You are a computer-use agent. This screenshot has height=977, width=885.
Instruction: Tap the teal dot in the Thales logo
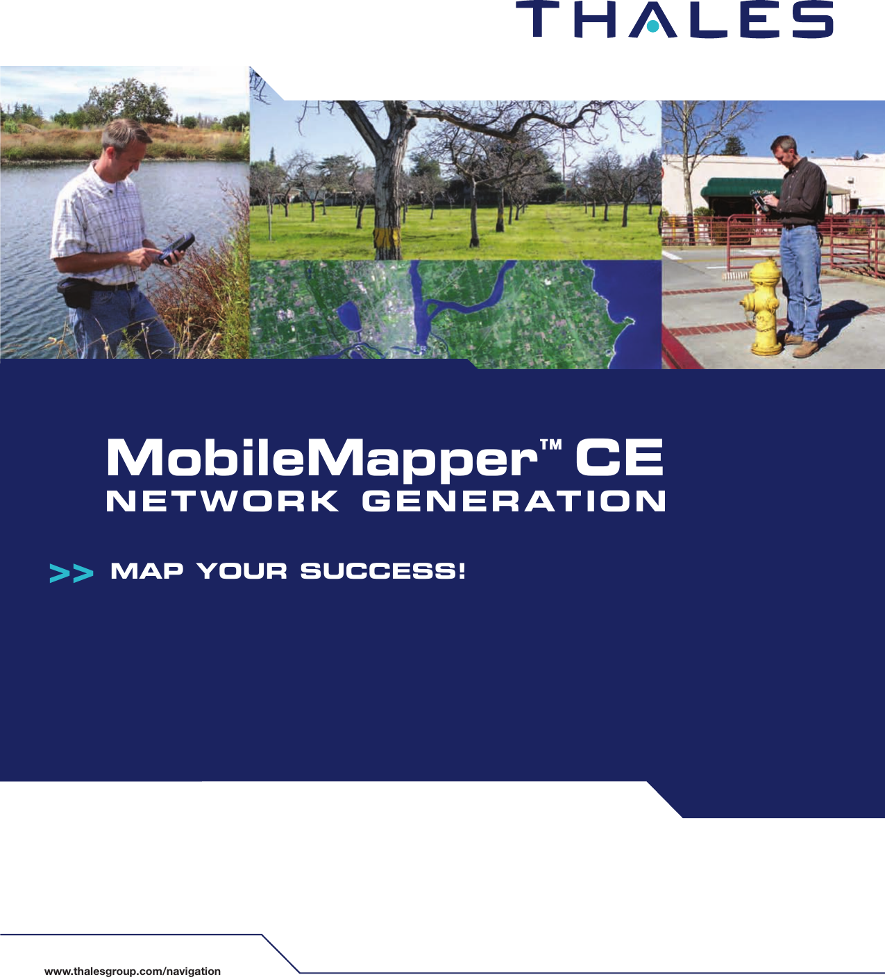coord(652,28)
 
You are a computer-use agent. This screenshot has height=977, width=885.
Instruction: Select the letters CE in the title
coord(618,459)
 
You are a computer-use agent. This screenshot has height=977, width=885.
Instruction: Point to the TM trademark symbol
coord(551,444)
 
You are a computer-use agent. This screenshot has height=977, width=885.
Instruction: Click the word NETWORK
coord(222,502)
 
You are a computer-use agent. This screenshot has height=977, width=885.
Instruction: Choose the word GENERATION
coord(513,502)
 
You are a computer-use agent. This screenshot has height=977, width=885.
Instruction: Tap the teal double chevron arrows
coord(71,574)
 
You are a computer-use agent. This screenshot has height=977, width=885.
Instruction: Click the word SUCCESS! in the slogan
coord(382,571)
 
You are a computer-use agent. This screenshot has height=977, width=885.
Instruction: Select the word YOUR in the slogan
coord(242,571)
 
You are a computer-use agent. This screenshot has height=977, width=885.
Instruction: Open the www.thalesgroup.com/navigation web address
coord(132,971)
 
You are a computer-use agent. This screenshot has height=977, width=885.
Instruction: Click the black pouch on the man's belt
coord(74,291)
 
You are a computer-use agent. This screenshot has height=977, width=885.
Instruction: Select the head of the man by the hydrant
coord(783,146)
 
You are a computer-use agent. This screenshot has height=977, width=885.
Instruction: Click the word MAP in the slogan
coord(147,571)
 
